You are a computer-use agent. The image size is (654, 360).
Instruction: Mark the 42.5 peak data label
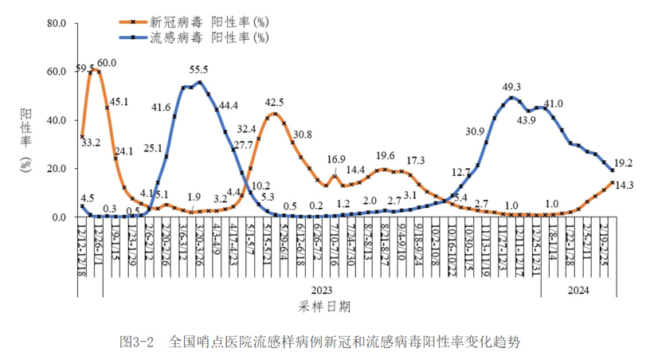tap(274, 102)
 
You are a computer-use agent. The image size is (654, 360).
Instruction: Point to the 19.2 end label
tap(624, 162)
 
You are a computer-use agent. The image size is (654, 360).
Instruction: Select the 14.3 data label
tap(624, 185)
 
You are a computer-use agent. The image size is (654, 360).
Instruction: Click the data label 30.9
tap(476, 131)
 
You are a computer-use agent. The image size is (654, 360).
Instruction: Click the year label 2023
tap(322, 291)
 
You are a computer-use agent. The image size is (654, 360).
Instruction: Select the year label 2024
tap(578, 291)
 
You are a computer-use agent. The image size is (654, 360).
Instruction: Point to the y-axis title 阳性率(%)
tap(25, 139)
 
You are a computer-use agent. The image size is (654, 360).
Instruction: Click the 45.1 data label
tap(119, 101)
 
